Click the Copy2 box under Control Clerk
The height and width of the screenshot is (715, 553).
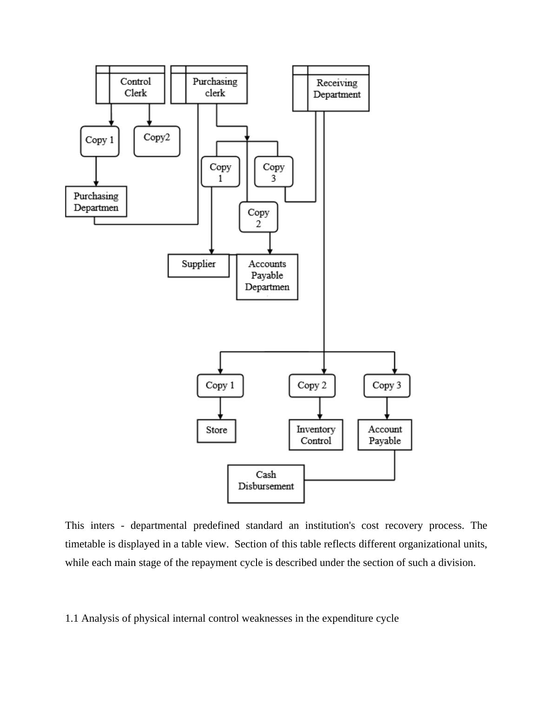(157, 141)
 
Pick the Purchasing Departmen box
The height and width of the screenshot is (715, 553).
(96, 201)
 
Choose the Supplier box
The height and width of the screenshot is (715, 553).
(198, 265)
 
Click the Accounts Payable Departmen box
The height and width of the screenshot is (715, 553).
(267, 276)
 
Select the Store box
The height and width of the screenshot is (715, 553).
(216, 430)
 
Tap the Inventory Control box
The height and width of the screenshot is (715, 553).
(316, 435)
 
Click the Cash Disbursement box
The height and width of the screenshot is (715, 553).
(266, 483)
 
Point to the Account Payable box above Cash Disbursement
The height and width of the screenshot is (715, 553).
(384, 435)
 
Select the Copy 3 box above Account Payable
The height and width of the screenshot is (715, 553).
(387, 385)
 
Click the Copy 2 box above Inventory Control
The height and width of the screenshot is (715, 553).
(312, 385)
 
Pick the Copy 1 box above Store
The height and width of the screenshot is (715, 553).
(220, 385)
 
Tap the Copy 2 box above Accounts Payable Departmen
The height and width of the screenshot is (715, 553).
(258, 217)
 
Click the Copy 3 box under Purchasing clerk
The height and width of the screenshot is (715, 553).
(273, 171)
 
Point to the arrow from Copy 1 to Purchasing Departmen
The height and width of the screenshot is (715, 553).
(96, 171)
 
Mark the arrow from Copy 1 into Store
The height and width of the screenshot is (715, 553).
(220, 409)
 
